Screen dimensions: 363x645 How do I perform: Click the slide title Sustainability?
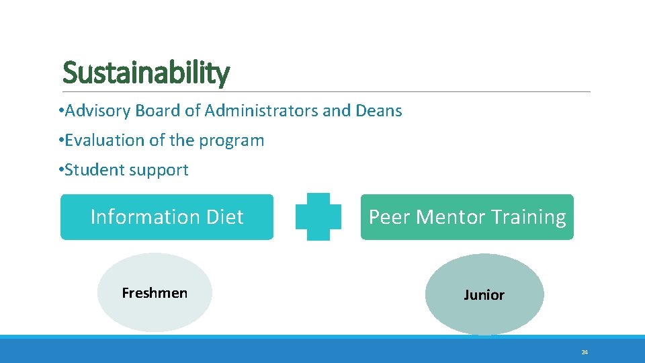[146, 73]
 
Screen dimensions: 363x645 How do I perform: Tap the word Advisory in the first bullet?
[97, 111]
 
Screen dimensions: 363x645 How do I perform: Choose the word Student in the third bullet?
[95, 170]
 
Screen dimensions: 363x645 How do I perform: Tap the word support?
[159, 170]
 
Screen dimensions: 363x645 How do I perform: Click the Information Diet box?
[167, 217]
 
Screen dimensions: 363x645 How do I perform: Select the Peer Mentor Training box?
[467, 217]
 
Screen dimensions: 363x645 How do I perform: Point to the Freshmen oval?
[155, 293]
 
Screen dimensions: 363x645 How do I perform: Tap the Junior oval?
[484, 295]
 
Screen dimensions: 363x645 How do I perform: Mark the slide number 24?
[585, 352]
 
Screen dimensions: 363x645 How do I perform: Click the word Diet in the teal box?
[225, 217]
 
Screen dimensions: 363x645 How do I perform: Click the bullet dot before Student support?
[61, 170]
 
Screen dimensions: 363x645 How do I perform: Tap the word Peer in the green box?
[390, 217]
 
